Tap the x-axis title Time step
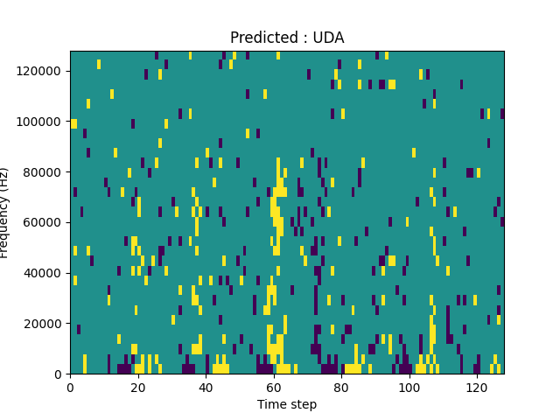tap(287, 404)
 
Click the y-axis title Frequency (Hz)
tap(5, 213)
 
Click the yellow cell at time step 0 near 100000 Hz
tap(73, 123)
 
